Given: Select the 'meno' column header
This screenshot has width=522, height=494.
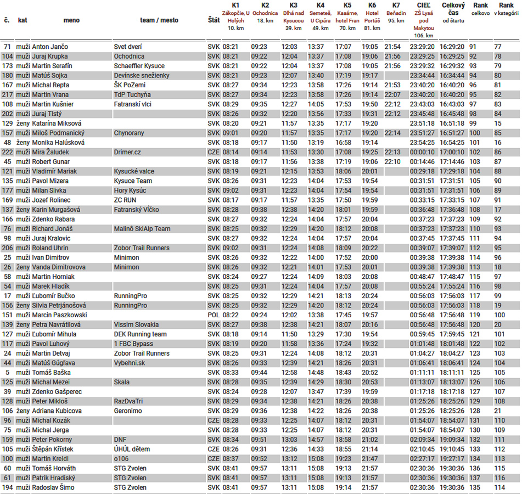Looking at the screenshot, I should tap(71, 20).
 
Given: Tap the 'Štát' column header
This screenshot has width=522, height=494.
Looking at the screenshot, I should tap(214, 20).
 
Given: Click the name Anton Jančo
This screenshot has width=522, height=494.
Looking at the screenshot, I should tap(50, 47).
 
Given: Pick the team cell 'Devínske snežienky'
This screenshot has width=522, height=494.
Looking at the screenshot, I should tap(141, 75).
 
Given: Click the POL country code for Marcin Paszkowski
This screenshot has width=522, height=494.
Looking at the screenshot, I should tap(214, 315).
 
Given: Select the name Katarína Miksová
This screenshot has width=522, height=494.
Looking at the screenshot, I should tap(57, 123).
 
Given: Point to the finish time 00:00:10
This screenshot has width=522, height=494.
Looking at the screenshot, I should tap(422, 152).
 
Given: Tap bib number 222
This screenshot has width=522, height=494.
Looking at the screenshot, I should tap(7, 152).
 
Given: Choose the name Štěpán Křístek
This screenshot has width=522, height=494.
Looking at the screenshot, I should tap(54, 449).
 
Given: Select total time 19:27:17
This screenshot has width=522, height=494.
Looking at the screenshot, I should tap(453, 459).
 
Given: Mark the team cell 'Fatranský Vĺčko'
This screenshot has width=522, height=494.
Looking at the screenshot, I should tap(137, 210).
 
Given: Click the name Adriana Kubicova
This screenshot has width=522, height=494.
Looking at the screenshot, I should tap(57, 411).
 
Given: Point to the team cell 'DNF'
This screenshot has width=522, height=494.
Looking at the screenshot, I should tap(120, 440).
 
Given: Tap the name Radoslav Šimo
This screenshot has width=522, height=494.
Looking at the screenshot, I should tap(53, 487).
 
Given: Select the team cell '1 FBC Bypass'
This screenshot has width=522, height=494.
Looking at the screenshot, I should tap(133, 344).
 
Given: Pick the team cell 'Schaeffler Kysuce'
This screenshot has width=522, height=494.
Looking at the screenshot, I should tap(139, 66).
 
